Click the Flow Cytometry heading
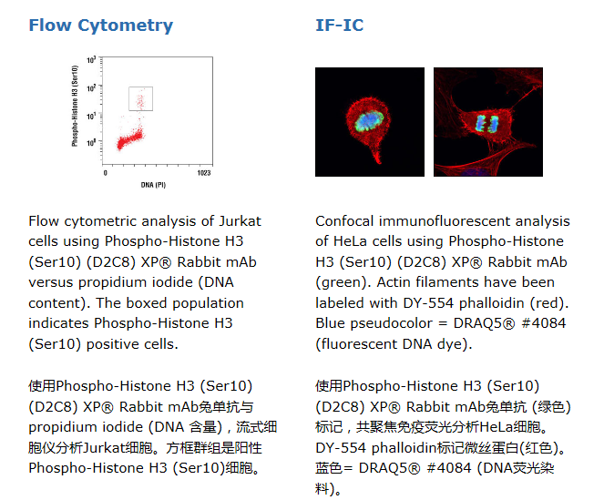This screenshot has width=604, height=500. tap(101, 26)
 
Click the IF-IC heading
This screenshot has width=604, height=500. tap(340, 26)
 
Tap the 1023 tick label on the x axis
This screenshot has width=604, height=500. tap(204, 173)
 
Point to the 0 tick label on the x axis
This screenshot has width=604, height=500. tap(105, 173)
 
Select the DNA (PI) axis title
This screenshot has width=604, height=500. tap(153, 185)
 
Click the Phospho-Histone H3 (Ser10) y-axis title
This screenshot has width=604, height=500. tap(75, 106)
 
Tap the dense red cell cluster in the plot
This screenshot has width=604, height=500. tap(130, 139)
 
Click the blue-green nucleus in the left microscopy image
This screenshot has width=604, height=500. tap(368, 120)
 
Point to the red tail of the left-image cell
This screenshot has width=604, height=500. tap(375, 152)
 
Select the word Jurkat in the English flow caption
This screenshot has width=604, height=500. tap(240, 221)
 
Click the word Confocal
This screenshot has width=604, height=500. tap(344, 221)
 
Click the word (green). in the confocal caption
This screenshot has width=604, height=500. tap(343, 282)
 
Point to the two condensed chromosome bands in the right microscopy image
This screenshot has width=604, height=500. tap(486, 123)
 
